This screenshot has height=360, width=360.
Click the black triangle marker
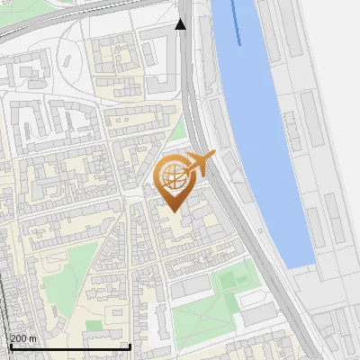click(181, 25)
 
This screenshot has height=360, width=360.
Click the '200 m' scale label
click(23, 338)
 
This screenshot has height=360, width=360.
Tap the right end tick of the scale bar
click(130, 346)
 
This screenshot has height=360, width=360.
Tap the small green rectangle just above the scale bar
click(94, 325)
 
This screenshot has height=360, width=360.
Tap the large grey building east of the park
click(259, 313)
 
